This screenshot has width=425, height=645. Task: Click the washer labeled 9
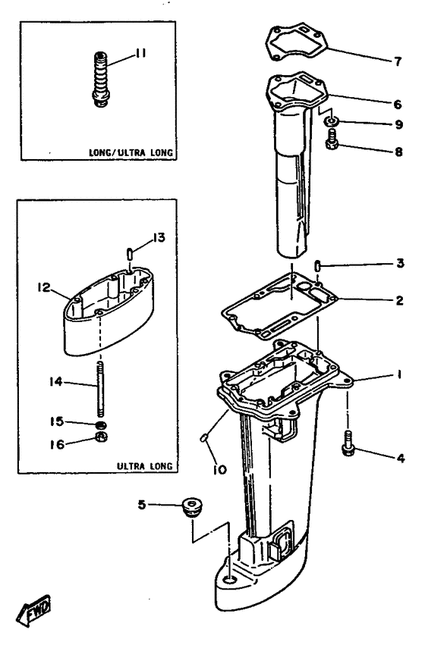[x=332, y=121]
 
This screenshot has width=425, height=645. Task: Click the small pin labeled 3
[x=319, y=265]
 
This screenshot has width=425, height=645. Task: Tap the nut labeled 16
[x=99, y=440]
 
